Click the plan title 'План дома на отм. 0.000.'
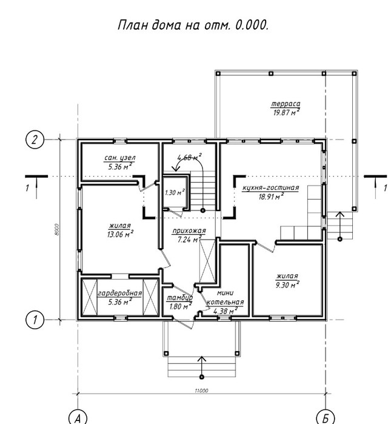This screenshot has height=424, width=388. tap(193, 25)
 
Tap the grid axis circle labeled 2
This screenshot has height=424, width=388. tap(35, 140)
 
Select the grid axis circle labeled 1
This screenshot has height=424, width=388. tap(35, 320)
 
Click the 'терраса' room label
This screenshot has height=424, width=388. tap(286, 104)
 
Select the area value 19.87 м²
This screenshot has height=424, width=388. tap(286, 112)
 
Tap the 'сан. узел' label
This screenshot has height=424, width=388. tap(120, 158)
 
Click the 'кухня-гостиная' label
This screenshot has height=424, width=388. tap(271, 187)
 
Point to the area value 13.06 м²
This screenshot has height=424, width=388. tap(120, 234)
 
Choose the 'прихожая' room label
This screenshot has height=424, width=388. tap(189, 231)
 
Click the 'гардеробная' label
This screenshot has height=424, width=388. tap(119, 294)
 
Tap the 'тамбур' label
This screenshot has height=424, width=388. tap(179, 298)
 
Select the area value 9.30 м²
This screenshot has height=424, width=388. tap(287, 284)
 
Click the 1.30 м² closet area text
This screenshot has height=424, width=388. tap(175, 192)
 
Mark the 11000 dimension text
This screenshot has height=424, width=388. tap(201, 391)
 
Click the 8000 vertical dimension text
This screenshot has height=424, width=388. tap(56, 229)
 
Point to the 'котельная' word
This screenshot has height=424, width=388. tap(226, 302)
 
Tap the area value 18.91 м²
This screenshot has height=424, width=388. tap(271, 197)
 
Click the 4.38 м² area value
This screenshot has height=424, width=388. tap(226, 311)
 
